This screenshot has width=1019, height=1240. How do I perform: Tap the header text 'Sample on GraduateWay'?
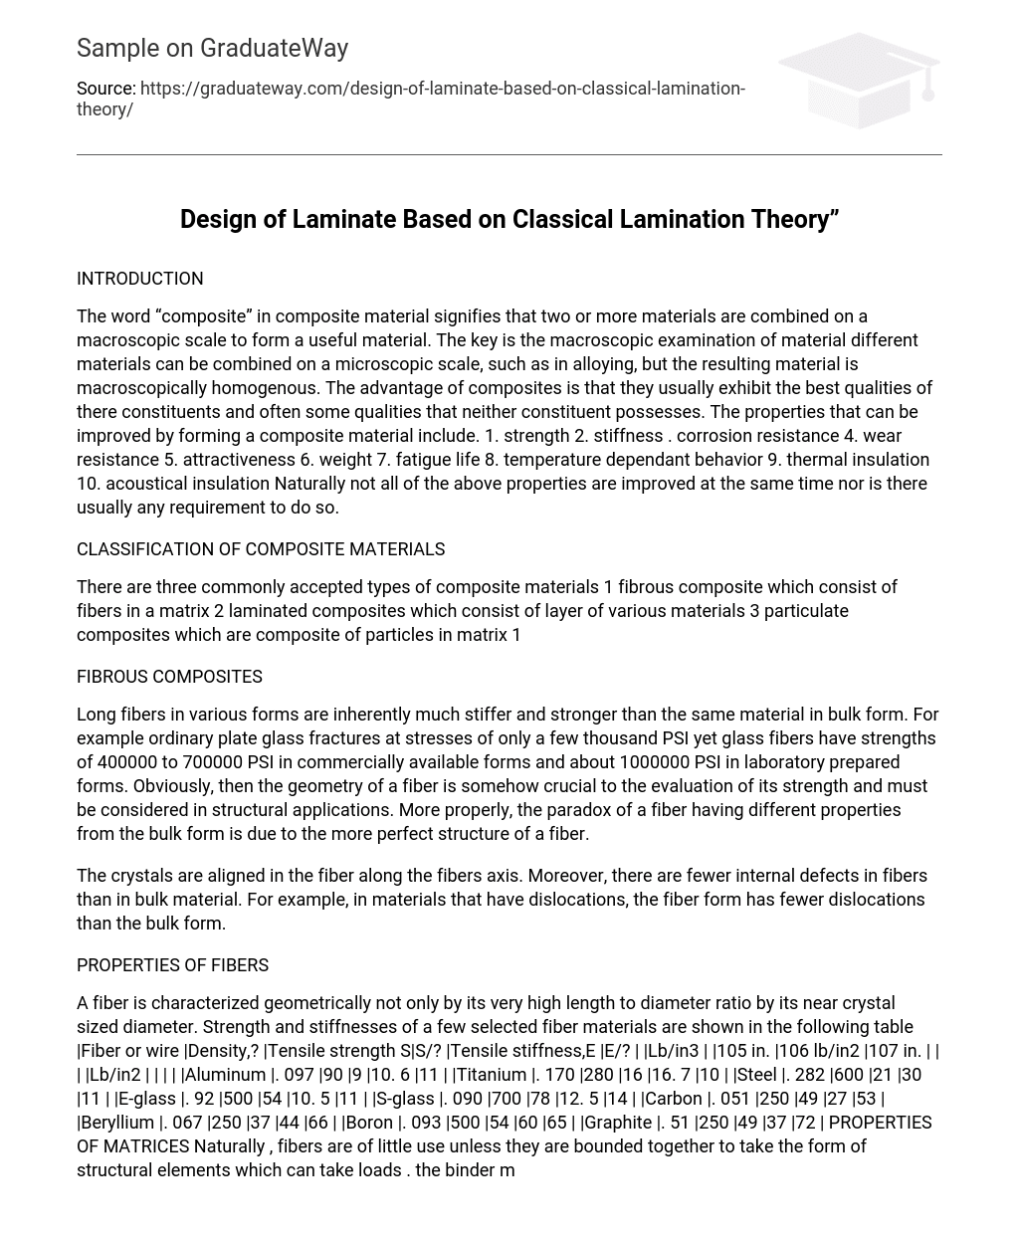(212, 48)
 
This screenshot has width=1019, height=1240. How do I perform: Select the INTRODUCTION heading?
(139, 279)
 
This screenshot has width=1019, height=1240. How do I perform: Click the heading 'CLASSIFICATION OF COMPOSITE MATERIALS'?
(261, 549)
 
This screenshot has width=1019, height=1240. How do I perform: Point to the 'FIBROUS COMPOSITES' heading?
(169, 677)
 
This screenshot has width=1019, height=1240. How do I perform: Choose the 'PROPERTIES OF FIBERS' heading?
(172, 965)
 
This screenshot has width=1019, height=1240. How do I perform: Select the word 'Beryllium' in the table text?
(117, 1123)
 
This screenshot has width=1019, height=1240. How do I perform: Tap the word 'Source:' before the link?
(105, 89)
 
